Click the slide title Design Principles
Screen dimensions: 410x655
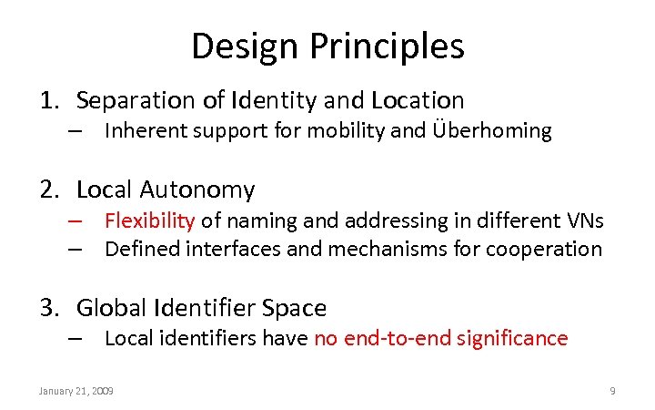[327, 46]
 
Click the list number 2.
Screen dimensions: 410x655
[48, 190]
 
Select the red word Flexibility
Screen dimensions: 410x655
[149, 220]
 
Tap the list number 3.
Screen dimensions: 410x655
[48, 309]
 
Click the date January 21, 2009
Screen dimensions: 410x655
[76, 391]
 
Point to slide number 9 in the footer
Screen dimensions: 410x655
[612, 391]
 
